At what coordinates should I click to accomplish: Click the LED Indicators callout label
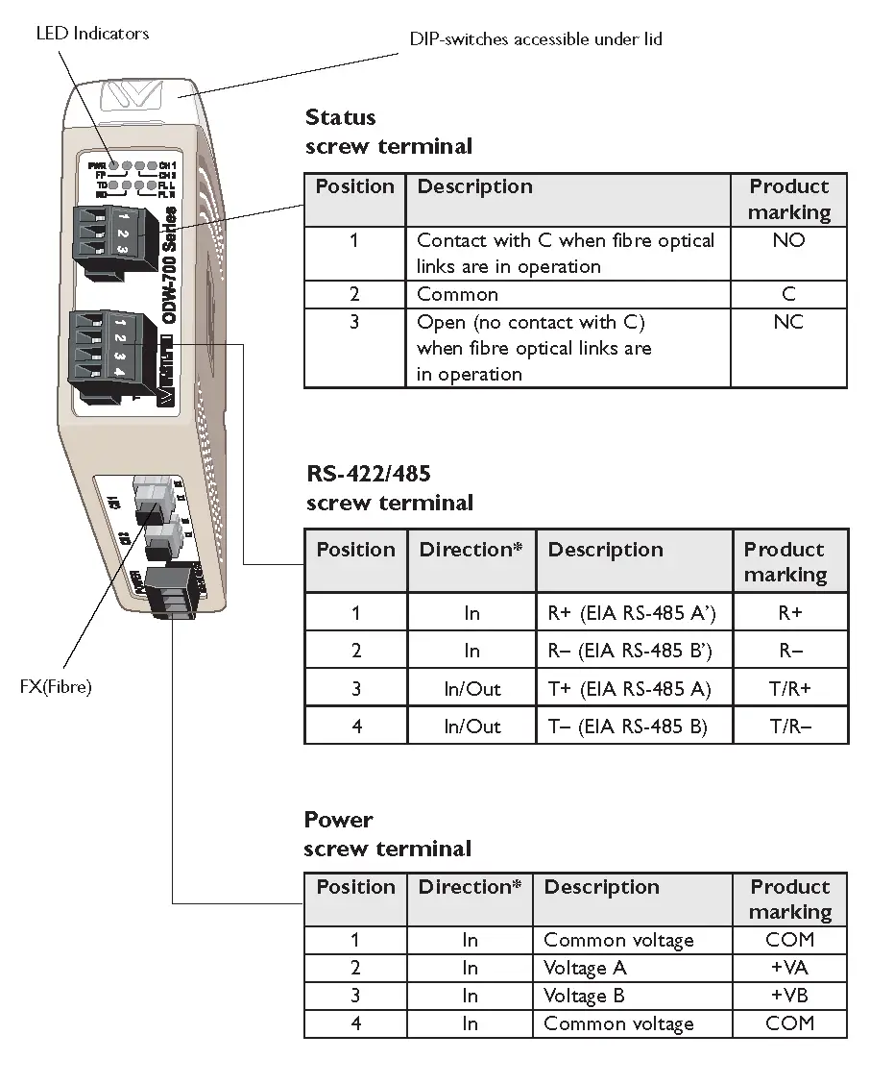[92, 34]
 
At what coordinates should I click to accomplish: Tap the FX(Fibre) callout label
[56, 687]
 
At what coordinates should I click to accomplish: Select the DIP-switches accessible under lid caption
[535, 39]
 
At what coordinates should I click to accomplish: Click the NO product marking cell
[788, 240]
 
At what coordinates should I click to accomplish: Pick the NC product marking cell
[788, 322]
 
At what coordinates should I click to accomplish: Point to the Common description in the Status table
[458, 294]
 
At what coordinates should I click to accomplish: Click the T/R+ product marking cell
[790, 689]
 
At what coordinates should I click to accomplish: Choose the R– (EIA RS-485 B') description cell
[630, 651]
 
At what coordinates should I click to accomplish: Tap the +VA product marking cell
[789, 968]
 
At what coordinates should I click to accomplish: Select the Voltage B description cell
[584, 996]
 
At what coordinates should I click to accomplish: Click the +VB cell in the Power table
[789, 996]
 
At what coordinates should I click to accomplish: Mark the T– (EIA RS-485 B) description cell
[627, 727]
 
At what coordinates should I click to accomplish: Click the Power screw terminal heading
[387, 834]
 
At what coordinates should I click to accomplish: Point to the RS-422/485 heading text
[369, 473]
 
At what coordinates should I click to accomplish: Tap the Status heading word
[341, 117]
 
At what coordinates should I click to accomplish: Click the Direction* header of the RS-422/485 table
[471, 550]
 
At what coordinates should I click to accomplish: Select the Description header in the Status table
[474, 186]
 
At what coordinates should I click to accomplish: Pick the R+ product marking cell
[790, 613]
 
